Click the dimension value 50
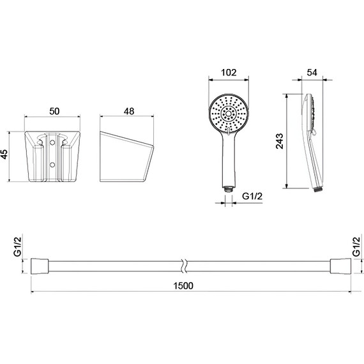click(54, 111)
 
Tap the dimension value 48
click(129, 111)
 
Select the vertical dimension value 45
click(4, 155)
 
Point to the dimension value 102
click(229, 72)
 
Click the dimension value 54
click(312, 72)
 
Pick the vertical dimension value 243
click(279, 141)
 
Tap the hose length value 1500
click(183, 285)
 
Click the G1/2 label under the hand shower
click(252, 196)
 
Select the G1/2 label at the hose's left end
click(17, 246)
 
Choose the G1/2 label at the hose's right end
click(356, 246)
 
